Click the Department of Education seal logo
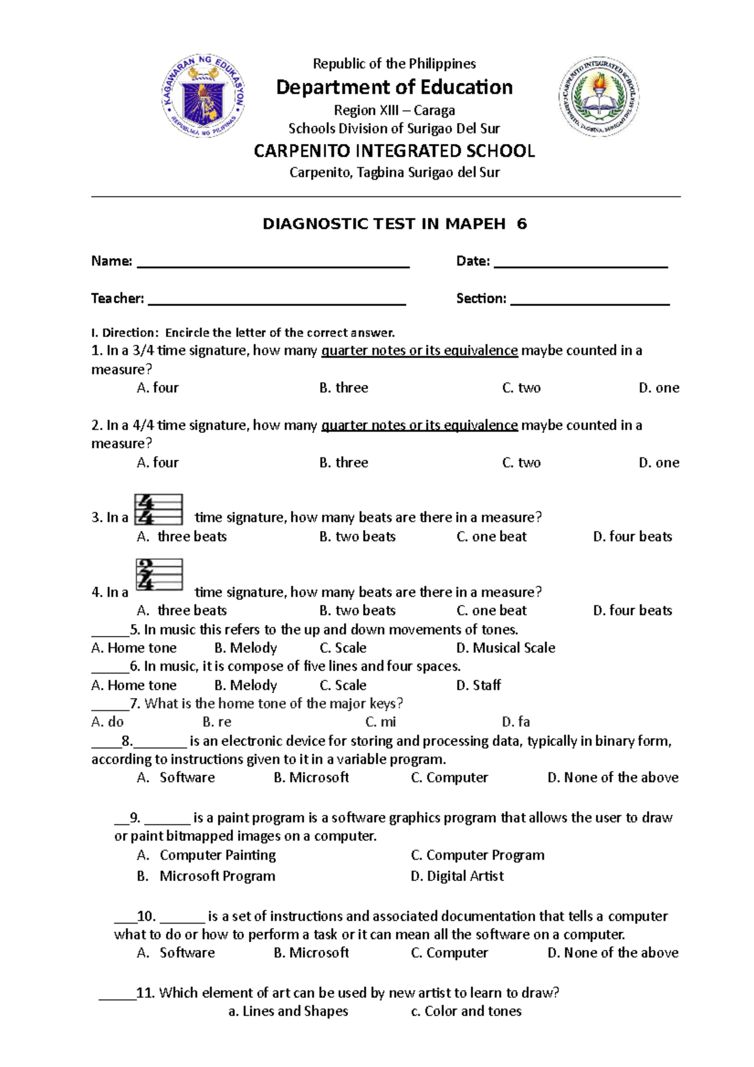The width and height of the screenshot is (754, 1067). click(x=204, y=96)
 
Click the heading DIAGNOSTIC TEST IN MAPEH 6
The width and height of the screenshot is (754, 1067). click(x=395, y=224)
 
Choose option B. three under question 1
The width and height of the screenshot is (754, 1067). click(x=344, y=388)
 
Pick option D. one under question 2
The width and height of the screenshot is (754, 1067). click(x=658, y=462)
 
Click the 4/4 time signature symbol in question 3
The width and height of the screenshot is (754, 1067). click(x=158, y=509)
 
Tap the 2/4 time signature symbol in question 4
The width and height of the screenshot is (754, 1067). click(x=159, y=574)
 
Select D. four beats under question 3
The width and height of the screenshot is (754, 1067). click(x=632, y=536)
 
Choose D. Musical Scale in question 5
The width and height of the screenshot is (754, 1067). click(x=505, y=648)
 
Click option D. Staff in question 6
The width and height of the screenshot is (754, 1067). click(x=478, y=685)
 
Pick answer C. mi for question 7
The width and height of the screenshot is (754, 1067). click(x=381, y=722)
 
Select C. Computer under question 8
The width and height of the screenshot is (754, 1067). click(x=449, y=777)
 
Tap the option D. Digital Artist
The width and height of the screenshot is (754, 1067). click(x=457, y=876)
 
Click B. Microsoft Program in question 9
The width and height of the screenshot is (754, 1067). click(x=206, y=876)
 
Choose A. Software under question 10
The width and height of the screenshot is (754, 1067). click(x=176, y=953)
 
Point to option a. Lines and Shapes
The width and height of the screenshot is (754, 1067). click(x=288, y=1011)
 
